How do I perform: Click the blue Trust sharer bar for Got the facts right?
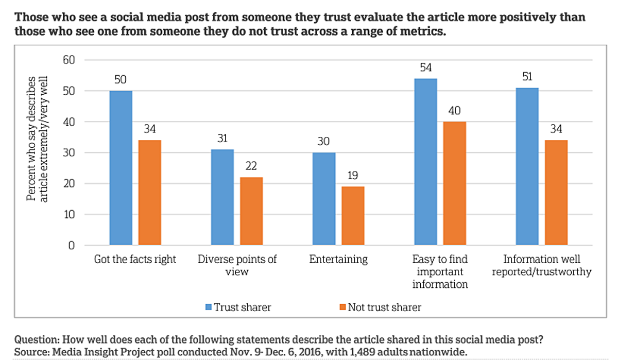pyautogui.click(x=121, y=168)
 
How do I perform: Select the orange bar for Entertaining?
pyautogui.click(x=353, y=216)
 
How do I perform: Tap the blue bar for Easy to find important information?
pyautogui.click(x=425, y=162)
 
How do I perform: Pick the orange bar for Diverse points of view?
pyautogui.click(x=251, y=211)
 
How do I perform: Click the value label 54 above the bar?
pyautogui.click(x=425, y=68)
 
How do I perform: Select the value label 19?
pyautogui.click(x=353, y=176)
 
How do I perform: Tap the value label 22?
pyautogui.click(x=251, y=166)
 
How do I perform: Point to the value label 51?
pyautogui.click(x=527, y=77)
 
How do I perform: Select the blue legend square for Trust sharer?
pyautogui.click(x=208, y=307)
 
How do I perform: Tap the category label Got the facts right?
pyautogui.click(x=135, y=259)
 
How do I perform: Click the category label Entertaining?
pyautogui.click(x=338, y=259)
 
